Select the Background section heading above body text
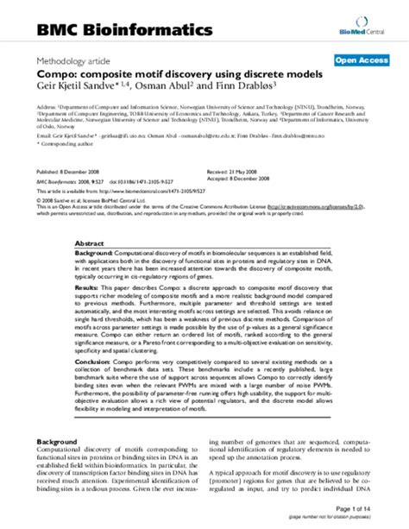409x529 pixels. coord(61,467)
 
